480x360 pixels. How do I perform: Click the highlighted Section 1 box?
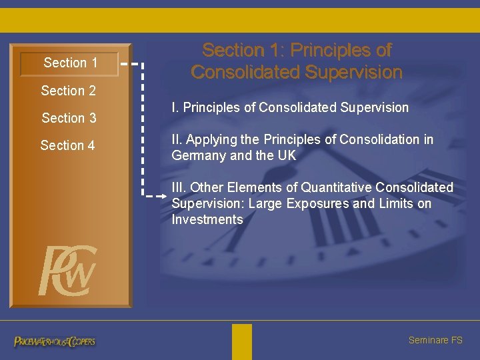pyautogui.click(x=69, y=63)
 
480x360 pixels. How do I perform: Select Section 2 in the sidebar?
pyautogui.click(x=68, y=91)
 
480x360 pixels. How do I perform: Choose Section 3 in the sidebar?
pyautogui.click(x=69, y=118)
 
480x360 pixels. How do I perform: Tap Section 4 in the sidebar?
pyautogui.click(x=67, y=145)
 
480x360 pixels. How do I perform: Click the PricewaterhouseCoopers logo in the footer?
pyautogui.click(x=55, y=341)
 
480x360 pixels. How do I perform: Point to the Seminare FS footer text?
pyautogui.click(x=435, y=340)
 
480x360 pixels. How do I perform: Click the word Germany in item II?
pyautogui.click(x=196, y=155)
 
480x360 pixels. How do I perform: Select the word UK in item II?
pyautogui.click(x=286, y=155)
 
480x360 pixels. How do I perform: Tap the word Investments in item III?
pyautogui.click(x=207, y=219)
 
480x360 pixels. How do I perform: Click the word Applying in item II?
pyautogui.click(x=212, y=139)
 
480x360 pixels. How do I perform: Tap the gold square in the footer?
pyautogui.click(x=242, y=341)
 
